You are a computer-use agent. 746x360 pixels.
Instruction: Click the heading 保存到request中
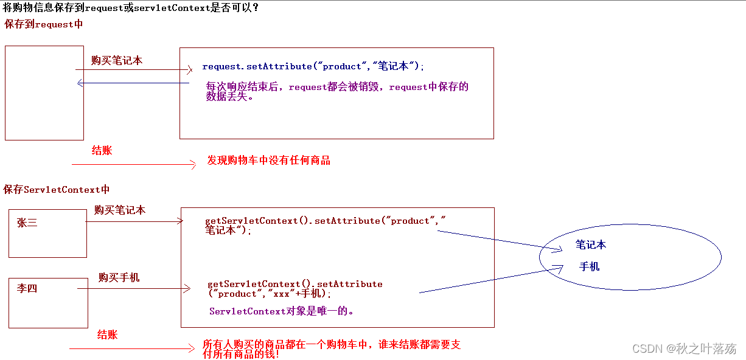point(43,24)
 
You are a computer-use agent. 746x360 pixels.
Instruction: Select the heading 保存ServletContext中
point(57,190)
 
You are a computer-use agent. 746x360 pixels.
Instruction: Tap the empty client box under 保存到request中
point(44,93)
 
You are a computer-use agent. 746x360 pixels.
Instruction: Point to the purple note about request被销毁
point(337,92)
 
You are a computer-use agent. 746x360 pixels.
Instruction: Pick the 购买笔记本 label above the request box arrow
point(117,61)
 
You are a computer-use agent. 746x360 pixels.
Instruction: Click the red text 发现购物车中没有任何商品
point(268,161)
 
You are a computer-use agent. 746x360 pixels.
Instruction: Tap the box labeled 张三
point(47,233)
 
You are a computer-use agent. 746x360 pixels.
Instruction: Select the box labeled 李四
point(48,302)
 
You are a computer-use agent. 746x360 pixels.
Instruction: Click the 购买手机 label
point(119,277)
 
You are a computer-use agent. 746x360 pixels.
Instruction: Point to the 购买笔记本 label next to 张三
point(120,210)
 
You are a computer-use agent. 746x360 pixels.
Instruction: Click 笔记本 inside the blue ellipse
point(590,245)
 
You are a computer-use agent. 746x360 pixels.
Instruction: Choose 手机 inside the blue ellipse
point(589,267)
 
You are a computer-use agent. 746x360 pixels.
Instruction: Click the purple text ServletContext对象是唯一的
point(282,311)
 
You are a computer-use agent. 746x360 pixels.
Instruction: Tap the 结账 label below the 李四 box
point(107,334)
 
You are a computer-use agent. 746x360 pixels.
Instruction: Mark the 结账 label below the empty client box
point(102,151)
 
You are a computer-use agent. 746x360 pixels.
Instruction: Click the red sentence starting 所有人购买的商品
point(331,349)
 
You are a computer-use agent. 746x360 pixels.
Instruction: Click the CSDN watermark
point(684,348)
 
